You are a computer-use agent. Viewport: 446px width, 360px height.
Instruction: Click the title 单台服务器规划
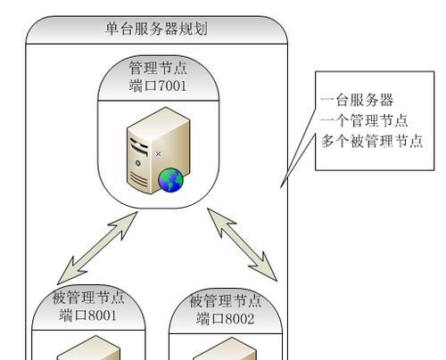tap(156, 29)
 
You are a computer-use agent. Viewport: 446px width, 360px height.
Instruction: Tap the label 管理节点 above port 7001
tap(158, 68)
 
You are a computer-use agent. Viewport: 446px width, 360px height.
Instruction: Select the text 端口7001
tap(158, 86)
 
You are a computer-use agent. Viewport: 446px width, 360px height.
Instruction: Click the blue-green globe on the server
tap(170, 180)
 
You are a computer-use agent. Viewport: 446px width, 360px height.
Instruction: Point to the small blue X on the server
tap(158, 153)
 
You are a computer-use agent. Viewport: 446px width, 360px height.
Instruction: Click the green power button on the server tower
tap(138, 163)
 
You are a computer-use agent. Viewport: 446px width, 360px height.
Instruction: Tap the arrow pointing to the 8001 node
tap(97, 248)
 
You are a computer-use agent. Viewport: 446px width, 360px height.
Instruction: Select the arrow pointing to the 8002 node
tap(242, 244)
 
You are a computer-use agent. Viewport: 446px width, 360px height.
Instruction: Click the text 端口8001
tap(87, 315)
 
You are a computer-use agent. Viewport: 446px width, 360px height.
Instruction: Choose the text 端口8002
tap(225, 319)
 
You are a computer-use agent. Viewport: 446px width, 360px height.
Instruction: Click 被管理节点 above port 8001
tap(88, 298)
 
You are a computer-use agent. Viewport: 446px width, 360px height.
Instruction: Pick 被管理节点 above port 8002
tap(226, 301)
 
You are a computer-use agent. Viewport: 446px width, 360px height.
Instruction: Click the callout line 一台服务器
tap(357, 100)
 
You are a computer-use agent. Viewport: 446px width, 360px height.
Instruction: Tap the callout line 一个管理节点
tap(364, 120)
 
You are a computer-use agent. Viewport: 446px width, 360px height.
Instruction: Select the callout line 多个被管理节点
tap(372, 141)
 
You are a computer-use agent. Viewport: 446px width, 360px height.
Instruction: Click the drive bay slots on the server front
tap(138, 147)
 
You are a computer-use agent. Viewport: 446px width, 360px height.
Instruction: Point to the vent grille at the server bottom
tap(138, 179)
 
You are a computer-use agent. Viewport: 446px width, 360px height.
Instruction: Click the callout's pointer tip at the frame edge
tap(281, 187)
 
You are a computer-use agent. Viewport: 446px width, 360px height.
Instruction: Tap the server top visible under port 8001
tap(89, 348)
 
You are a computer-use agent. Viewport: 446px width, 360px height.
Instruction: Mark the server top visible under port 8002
tap(225, 349)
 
